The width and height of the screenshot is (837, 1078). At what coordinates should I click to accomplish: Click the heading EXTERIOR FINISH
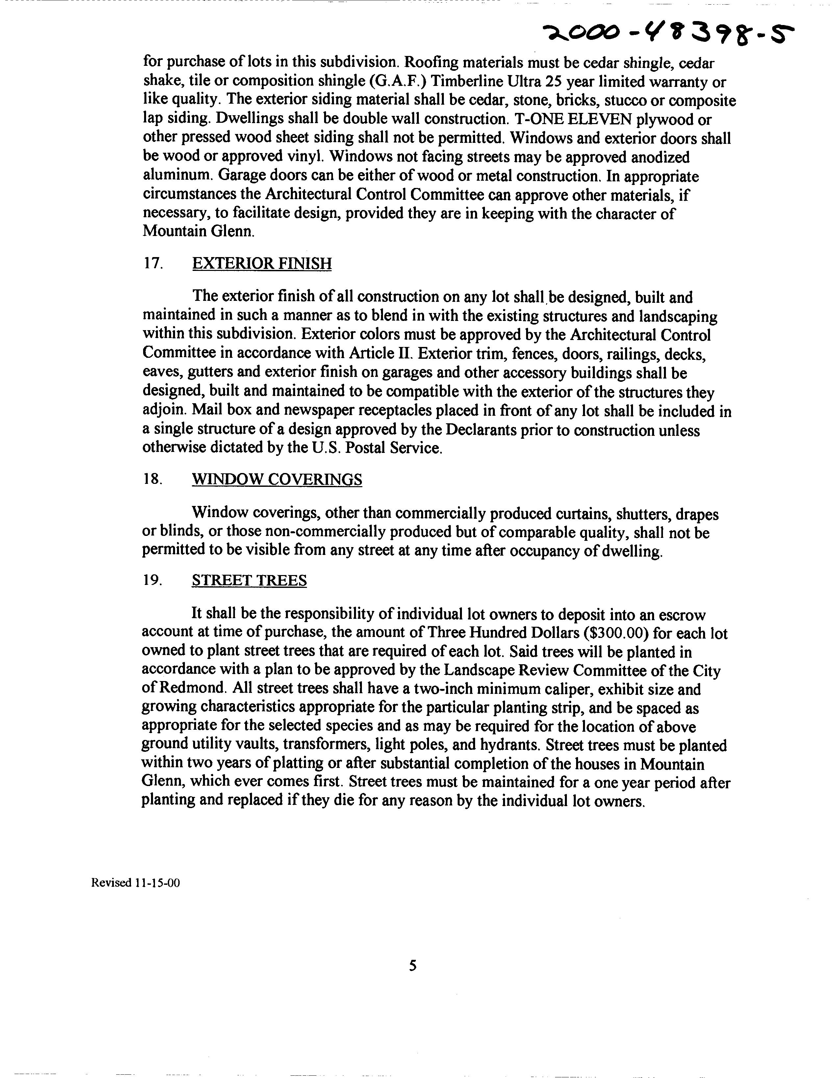tap(262, 264)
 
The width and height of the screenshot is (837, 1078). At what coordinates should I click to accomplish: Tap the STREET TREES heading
tap(249, 580)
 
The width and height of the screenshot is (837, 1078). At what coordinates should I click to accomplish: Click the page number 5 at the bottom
tap(413, 965)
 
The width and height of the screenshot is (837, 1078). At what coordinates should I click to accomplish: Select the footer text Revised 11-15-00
tap(135, 882)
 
